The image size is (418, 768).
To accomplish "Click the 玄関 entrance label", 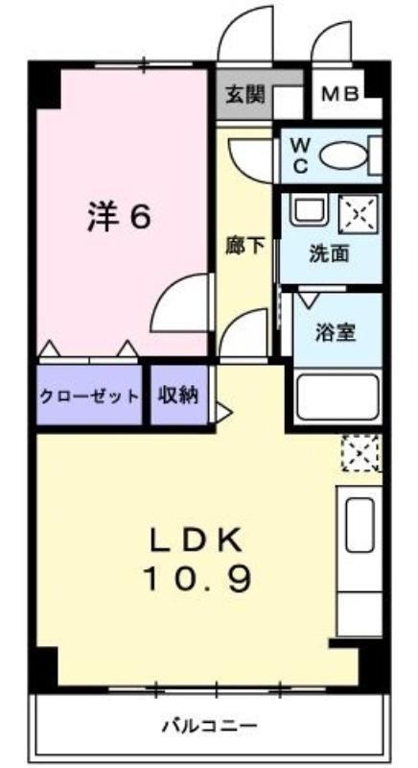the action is pos(244,95).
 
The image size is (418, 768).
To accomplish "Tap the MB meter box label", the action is pos(340,93).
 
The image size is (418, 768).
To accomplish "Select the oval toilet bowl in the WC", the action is pos(342,156).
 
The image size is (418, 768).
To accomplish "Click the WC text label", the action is pos(299,156).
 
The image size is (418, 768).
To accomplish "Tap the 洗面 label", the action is pos(330,253).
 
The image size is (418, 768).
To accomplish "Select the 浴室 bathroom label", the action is pos(336,333).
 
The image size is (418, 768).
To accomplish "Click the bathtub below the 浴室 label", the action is pos(337,397).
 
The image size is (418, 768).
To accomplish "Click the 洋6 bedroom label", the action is pos(119,218).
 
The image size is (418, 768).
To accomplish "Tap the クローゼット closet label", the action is pos(88,396).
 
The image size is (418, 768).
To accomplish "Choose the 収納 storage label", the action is pos(178,396).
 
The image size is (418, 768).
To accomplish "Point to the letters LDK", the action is pos(196,541).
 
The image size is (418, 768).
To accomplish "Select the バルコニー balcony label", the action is pos(209,725).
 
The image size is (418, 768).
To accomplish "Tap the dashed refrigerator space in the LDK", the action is pos(361,452).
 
